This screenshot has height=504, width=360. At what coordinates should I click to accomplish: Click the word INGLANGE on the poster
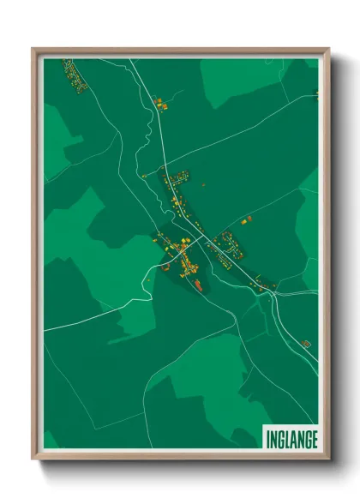point(291,439)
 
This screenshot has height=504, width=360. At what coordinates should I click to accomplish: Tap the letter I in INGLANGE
point(267,439)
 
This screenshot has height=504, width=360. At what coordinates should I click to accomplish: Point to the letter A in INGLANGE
point(293,439)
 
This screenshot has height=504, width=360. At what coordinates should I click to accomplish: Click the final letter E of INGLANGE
point(315,439)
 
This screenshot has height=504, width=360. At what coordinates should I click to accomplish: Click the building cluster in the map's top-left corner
point(75,75)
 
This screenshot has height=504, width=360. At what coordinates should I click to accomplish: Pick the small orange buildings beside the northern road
point(159,103)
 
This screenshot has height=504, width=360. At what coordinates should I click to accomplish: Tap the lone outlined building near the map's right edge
point(306,343)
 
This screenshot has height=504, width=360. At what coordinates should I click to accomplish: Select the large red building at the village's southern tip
point(197,283)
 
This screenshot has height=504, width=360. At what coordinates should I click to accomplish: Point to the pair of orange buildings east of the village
point(247,219)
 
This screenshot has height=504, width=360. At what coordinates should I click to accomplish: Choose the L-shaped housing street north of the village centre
point(176,183)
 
